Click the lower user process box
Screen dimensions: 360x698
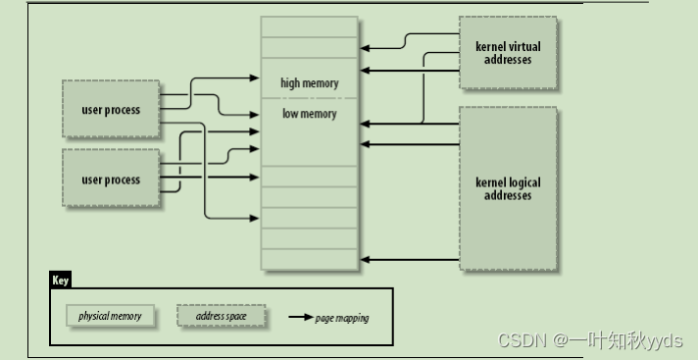tap(110, 180)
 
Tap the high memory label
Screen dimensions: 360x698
tap(309, 83)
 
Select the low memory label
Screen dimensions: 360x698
tap(309, 114)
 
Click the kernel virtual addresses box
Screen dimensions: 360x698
tap(508, 53)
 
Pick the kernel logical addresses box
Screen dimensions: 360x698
tap(508, 188)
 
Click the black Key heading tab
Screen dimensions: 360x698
tap(61, 281)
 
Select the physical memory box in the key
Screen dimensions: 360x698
tap(110, 317)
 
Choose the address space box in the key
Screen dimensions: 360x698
tap(221, 317)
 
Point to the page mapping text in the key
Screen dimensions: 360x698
tap(342, 318)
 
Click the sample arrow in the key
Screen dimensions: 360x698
tap(300, 318)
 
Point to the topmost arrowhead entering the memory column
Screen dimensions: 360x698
tap(365, 47)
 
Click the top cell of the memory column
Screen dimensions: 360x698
tap(309, 26)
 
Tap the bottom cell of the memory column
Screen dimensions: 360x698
tap(309, 259)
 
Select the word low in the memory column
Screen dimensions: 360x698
tap(290, 114)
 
